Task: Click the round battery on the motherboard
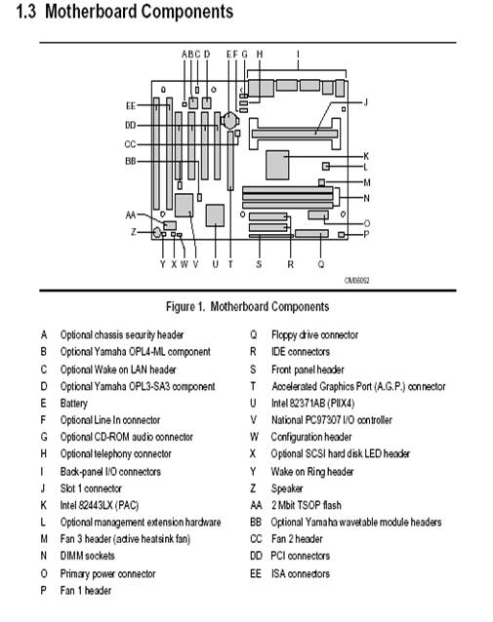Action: click(x=230, y=119)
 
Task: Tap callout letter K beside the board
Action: click(x=366, y=156)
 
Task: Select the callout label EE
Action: click(x=131, y=105)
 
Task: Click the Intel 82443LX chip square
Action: click(x=277, y=165)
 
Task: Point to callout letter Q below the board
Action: click(x=321, y=264)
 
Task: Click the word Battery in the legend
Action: click(x=74, y=404)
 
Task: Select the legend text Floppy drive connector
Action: click(x=314, y=335)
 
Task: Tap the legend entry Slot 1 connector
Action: click(x=91, y=488)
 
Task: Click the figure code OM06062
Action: click(x=356, y=281)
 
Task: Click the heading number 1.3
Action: click(x=26, y=12)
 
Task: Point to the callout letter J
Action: click(x=366, y=102)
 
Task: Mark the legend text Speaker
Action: click(x=287, y=488)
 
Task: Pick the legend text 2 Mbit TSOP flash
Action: click(x=307, y=505)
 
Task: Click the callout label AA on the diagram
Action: click(x=131, y=215)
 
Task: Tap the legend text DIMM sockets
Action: click(x=88, y=556)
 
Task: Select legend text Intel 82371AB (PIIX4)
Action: click(x=312, y=404)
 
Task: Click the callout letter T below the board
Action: click(x=230, y=264)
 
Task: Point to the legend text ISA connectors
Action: click(x=301, y=573)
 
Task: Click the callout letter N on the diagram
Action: click(x=366, y=198)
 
